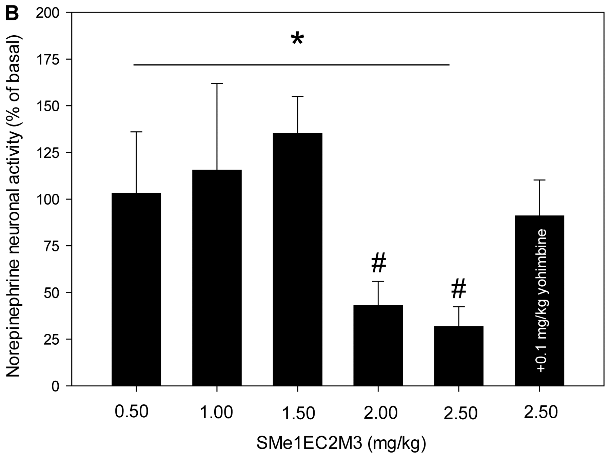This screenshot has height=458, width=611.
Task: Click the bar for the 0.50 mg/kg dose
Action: point(136,288)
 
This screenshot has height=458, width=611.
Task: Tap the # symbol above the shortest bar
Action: point(458,289)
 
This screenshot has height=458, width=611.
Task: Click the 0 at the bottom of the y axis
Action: point(60,386)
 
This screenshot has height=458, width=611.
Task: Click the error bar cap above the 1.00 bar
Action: point(217,83)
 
